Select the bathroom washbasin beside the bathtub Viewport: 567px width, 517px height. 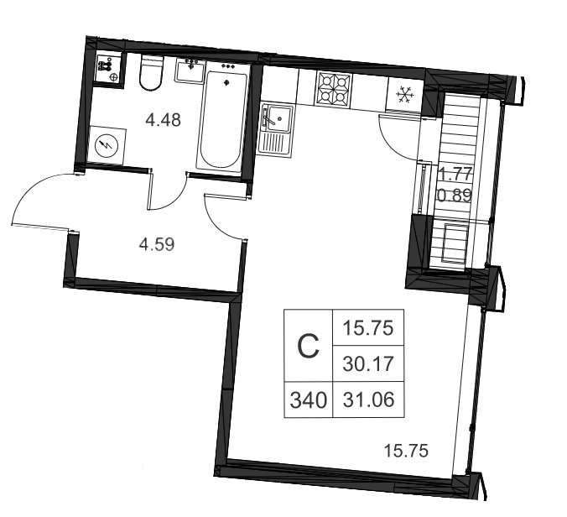[190, 70]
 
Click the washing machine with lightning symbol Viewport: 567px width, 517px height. [107, 145]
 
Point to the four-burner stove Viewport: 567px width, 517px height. [334, 90]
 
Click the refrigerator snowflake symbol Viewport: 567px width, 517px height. [404, 96]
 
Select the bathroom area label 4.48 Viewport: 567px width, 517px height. [163, 120]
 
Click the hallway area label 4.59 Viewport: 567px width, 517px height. [157, 244]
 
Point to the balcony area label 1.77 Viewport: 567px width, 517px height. [455, 175]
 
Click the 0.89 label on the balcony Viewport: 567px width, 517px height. [455, 196]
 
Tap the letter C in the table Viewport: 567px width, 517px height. [308, 347]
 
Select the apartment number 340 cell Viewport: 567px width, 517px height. [309, 400]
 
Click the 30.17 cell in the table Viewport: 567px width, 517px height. [368, 363]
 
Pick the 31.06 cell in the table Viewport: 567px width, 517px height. [368, 399]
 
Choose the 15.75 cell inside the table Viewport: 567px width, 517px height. [368, 328]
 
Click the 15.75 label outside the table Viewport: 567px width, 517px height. [406, 452]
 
